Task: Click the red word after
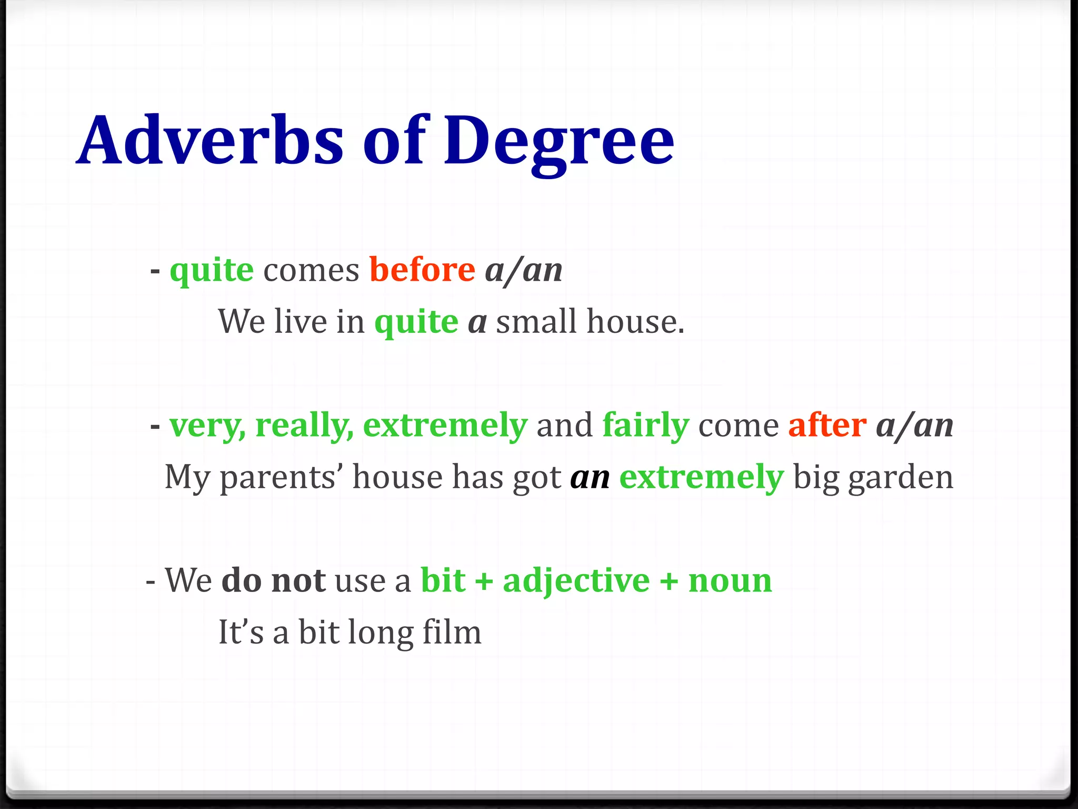pyautogui.click(x=827, y=425)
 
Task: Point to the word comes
pyautogui.click(x=311, y=271)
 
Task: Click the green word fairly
pyautogui.click(x=645, y=426)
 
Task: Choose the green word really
pyautogui.click(x=304, y=426)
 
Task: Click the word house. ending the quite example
pyautogui.click(x=635, y=321)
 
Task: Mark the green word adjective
pyautogui.click(x=576, y=581)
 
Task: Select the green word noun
pyautogui.click(x=730, y=581)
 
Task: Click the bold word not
pyautogui.click(x=298, y=580)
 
